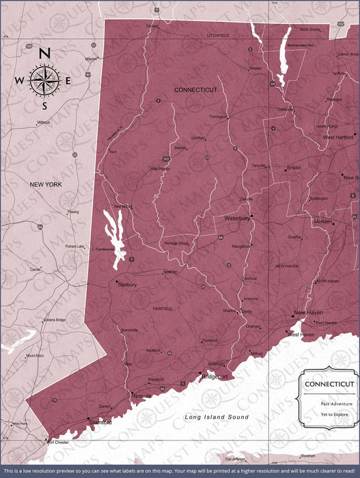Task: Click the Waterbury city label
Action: click(x=236, y=219)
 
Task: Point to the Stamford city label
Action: click(x=100, y=423)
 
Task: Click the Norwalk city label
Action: click(x=142, y=396)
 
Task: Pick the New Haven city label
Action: click(x=308, y=313)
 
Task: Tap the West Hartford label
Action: click(x=338, y=137)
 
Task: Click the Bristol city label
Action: click(x=294, y=167)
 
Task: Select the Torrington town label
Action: click(x=218, y=117)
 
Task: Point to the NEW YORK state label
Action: click(x=46, y=184)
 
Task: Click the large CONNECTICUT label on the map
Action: click(x=195, y=90)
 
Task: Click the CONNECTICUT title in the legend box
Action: click(x=329, y=384)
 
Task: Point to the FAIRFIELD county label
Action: click(x=162, y=309)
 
